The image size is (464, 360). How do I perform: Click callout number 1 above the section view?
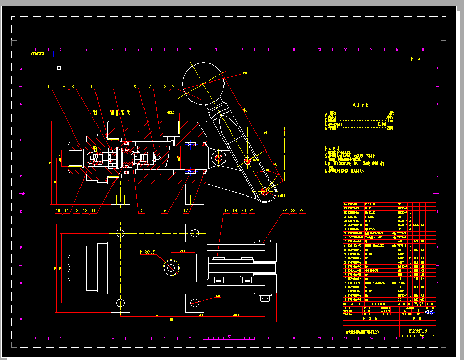tap(47, 86)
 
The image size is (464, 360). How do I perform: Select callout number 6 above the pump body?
tap(135, 86)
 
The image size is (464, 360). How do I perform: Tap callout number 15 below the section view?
tap(141, 210)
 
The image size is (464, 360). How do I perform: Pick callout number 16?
tap(164, 210)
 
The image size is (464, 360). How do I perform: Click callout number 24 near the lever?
tap(302, 210)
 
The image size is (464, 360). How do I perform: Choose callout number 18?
tap(226, 210)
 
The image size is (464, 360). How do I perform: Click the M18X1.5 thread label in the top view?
tap(148, 252)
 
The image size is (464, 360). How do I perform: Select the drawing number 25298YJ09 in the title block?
tap(418, 331)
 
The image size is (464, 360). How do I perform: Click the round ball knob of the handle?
tap(202, 78)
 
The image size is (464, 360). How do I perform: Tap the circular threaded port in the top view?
tap(171, 267)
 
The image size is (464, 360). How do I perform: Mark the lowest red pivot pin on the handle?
tap(265, 191)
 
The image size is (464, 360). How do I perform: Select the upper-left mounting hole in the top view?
tap(121, 232)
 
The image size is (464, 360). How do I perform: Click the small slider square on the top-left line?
tap(59, 68)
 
